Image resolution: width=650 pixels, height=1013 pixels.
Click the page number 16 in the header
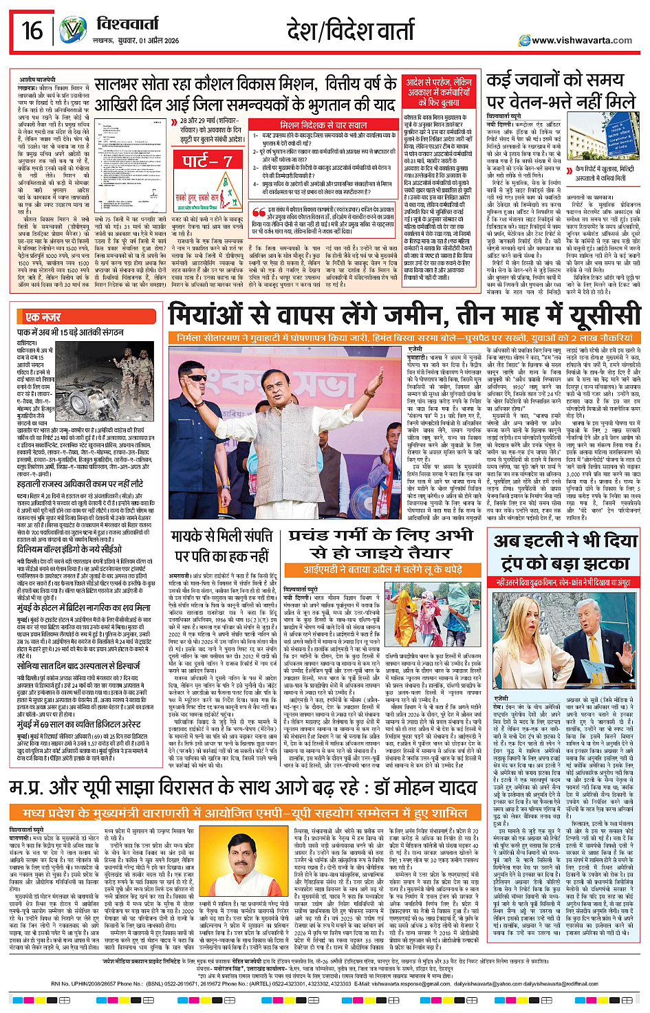[x=32, y=31]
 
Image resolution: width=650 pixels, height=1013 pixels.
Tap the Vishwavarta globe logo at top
[x=72, y=31]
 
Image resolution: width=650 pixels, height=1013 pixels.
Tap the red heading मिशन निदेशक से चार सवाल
[x=323, y=125]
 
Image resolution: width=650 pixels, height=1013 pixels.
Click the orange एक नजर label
[x=43, y=317]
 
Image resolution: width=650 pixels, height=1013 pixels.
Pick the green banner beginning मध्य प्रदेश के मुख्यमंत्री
[x=246, y=813]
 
